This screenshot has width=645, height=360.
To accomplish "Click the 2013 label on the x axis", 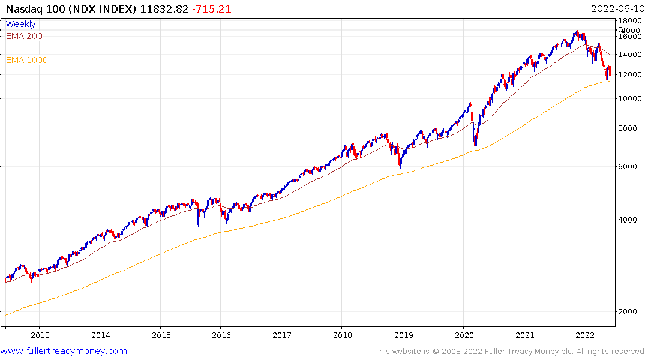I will point(40,335).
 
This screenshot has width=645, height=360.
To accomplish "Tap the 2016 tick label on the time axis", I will point(221,335).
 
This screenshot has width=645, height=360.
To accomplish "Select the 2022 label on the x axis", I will point(585,335).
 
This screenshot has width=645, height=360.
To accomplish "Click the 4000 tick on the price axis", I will point(631,220).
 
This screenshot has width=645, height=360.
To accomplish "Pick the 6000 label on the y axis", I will point(631,166).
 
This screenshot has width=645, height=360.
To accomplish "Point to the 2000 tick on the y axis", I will point(631,311).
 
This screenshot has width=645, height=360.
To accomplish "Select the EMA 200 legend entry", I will point(24,36).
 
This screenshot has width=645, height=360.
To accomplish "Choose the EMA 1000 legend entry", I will point(26,60).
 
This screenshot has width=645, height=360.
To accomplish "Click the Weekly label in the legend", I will point(20,24).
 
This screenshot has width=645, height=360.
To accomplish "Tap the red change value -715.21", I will point(212,9).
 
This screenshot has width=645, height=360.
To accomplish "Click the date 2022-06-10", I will point(616,9).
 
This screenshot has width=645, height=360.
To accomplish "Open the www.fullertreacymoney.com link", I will point(64,351).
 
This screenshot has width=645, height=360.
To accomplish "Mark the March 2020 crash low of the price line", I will point(475,148).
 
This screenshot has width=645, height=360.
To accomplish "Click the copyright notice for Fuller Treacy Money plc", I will point(509,351).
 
